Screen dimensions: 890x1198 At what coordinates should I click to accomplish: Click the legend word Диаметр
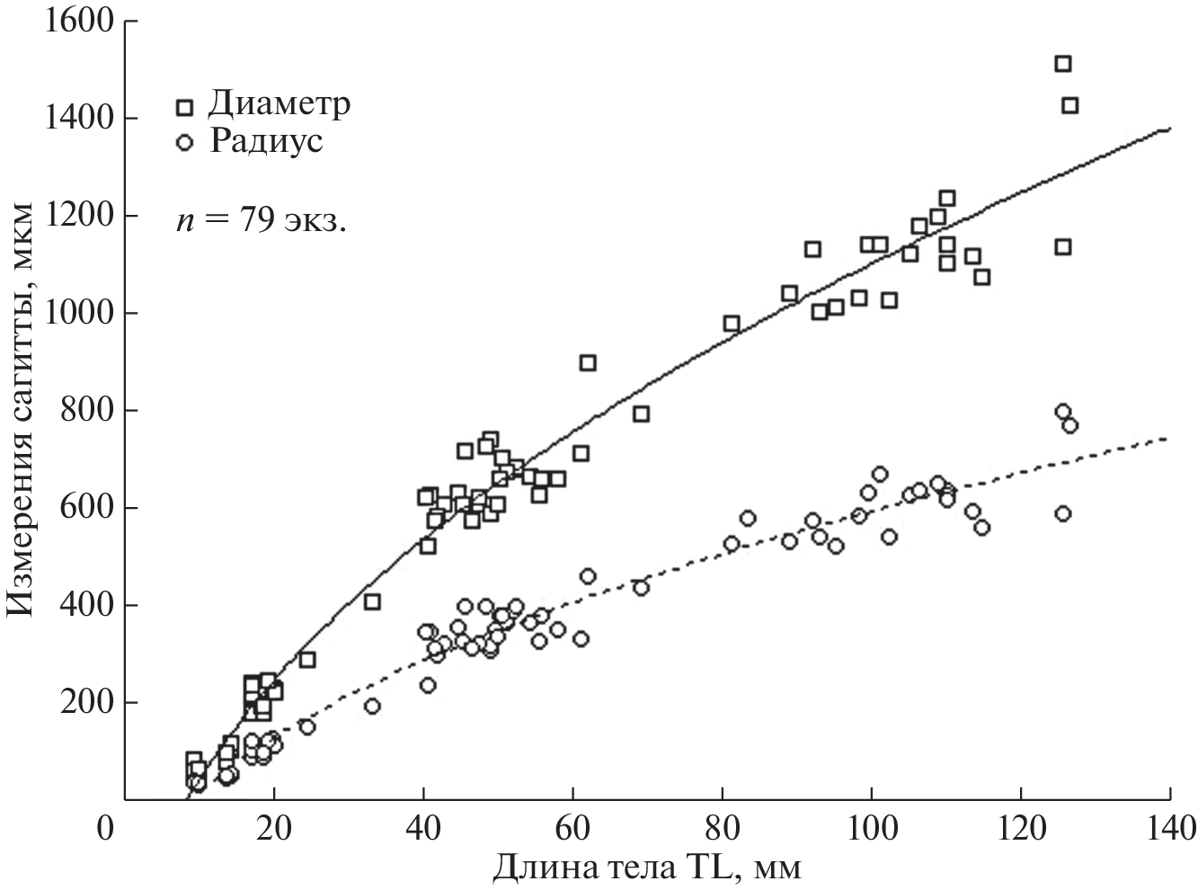[279, 104]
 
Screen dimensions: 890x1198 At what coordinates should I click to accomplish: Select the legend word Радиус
[265, 141]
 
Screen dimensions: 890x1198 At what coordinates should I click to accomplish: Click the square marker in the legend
[185, 107]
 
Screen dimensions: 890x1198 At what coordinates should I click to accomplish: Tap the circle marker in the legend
[185, 143]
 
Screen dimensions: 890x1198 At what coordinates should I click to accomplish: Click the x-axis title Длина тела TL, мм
[645, 868]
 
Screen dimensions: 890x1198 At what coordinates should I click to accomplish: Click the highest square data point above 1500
[1062, 64]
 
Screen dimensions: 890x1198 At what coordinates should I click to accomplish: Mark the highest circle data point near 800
[1062, 412]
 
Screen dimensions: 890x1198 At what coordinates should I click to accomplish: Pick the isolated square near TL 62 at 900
[588, 363]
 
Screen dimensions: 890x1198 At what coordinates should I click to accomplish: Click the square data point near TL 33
[372, 601]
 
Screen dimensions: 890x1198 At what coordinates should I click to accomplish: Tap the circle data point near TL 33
[372, 707]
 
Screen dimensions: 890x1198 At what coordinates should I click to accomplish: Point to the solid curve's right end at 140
[1168, 129]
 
